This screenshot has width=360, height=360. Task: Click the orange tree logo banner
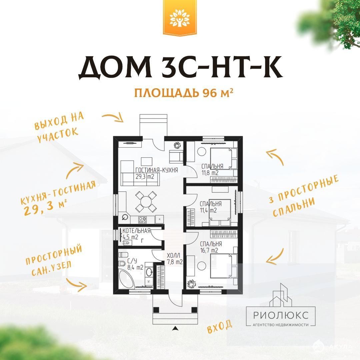(x=180, y=18)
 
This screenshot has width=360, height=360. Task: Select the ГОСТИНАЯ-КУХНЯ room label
(x=157, y=170)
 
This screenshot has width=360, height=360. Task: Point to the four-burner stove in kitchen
(x=142, y=220)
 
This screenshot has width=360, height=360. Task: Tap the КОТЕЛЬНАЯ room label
(x=136, y=231)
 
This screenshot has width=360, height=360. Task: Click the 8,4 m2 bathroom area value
(x=135, y=267)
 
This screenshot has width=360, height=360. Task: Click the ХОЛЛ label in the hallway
(x=174, y=255)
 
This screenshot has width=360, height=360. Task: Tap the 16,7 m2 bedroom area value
(x=209, y=250)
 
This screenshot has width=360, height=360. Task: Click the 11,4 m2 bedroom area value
(x=208, y=210)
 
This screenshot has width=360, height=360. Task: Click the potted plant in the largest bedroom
(x=191, y=284)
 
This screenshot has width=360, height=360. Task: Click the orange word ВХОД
(x=219, y=326)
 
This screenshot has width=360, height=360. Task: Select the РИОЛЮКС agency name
(x=281, y=315)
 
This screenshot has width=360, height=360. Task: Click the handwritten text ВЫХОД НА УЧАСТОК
(x=59, y=127)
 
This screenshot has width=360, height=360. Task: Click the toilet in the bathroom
(x=123, y=255)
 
